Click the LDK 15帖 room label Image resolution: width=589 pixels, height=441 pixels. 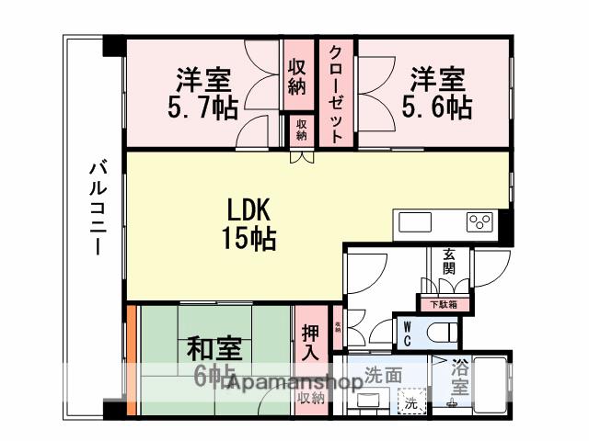248,223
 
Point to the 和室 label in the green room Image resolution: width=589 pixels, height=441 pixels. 214,350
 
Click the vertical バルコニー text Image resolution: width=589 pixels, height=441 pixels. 96,210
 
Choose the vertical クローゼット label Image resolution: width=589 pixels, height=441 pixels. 337,92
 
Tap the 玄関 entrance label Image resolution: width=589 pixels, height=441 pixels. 449,261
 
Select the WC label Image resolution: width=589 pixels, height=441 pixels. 406,330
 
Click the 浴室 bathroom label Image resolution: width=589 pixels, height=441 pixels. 461,378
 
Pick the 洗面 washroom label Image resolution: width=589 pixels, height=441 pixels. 383,375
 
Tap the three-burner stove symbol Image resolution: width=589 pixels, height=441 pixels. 479,221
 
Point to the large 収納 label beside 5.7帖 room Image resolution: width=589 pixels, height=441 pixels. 295,76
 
